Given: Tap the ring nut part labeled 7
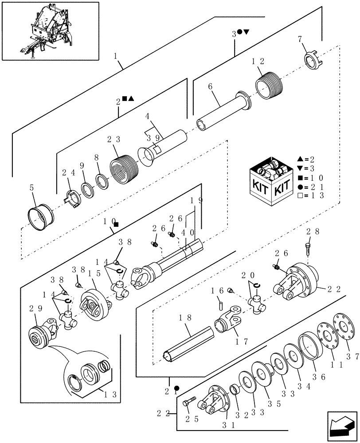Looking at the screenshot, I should [x=313, y=61].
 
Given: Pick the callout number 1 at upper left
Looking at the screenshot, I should [x=116, y=56].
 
